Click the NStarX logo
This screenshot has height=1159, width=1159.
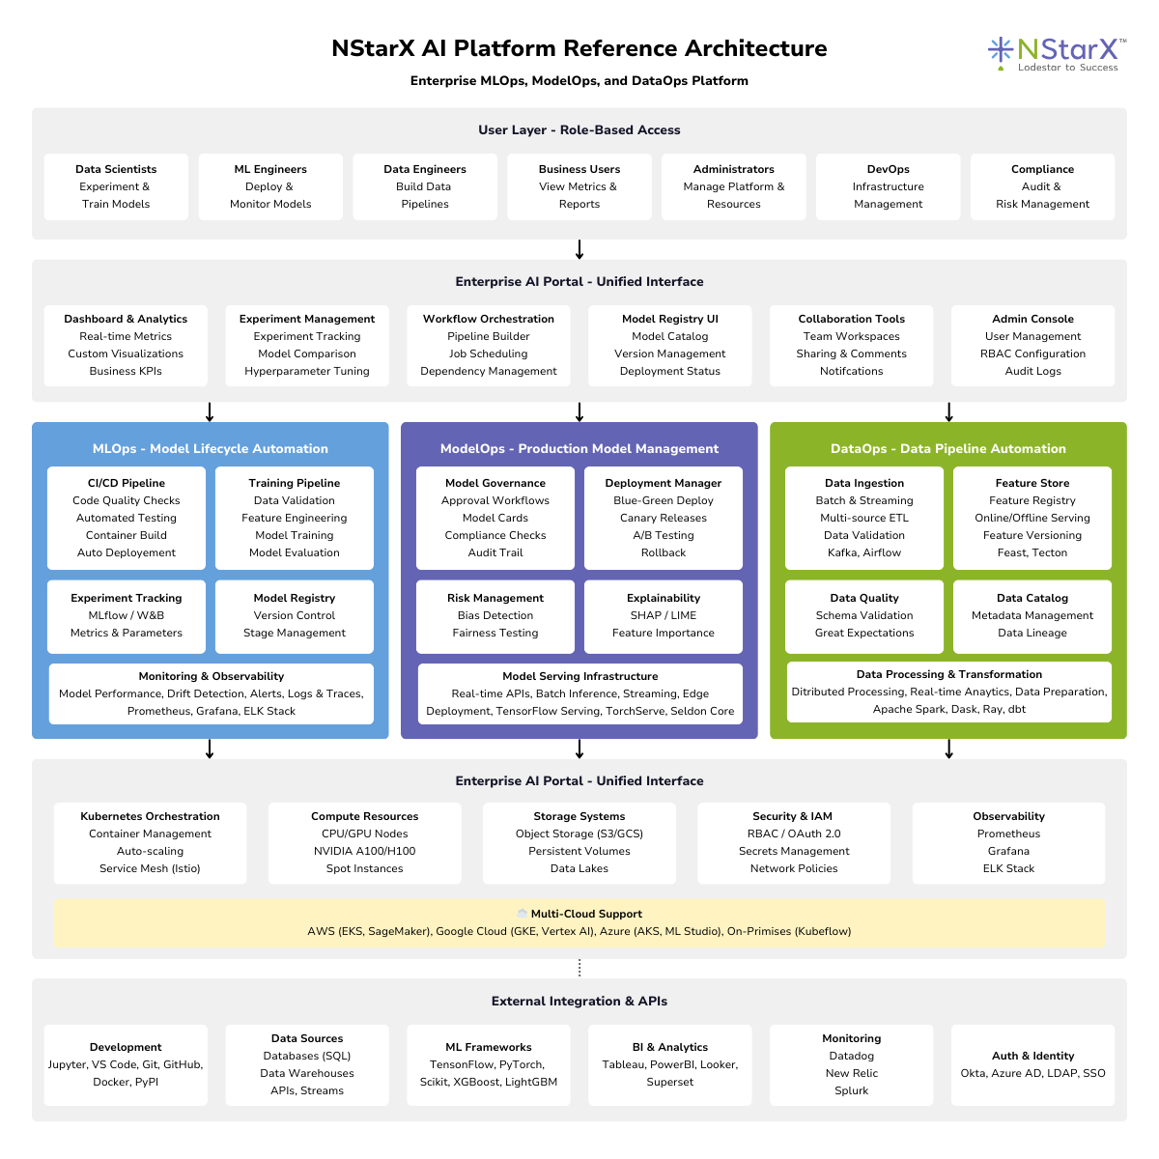pyautogui.click(x=1055, y=53)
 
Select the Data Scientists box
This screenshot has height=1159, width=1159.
pyautogui.click(x=116, y=186)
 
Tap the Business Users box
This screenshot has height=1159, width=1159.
pyautogui.click(x=579, y=186)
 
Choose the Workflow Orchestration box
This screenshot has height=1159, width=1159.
pyautogui.click(x=489, y=345)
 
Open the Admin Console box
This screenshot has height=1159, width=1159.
pyautogui.click(x=1032, y=345)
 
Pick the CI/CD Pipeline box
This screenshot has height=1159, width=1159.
pyautogui.click(x=127, y=518)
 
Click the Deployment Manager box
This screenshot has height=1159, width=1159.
pyautogui.click(x=664, y=518)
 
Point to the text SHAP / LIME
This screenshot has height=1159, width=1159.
pyautogui.click(x=664, y=615)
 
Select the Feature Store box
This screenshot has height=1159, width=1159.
pyautogui.click(x=1032, y=518)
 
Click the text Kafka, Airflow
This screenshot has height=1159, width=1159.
pyautogui.click(x=864, y=552)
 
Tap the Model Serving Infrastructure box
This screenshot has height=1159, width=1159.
pyautogui.click(x=579, y=693)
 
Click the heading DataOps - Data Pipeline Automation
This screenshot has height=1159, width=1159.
pyautogui.click(x=948, y=448)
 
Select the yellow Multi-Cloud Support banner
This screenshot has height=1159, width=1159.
pyautogui.click(x=579, y=923)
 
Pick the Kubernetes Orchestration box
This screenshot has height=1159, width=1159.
pyautogui.click(x=150, y=842)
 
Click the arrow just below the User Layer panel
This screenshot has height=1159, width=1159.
pyautogui.click(x=579, y=249)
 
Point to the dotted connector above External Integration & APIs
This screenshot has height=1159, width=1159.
pyautogui.click(x=579, y=968)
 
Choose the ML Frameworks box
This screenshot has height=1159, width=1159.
pyautogui.click(x=489, y=1064)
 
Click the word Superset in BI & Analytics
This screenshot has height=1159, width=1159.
pyautogui.click(x=670, y=1082)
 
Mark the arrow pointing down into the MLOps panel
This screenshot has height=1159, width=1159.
pyautogui.click(x=210, y=412)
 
